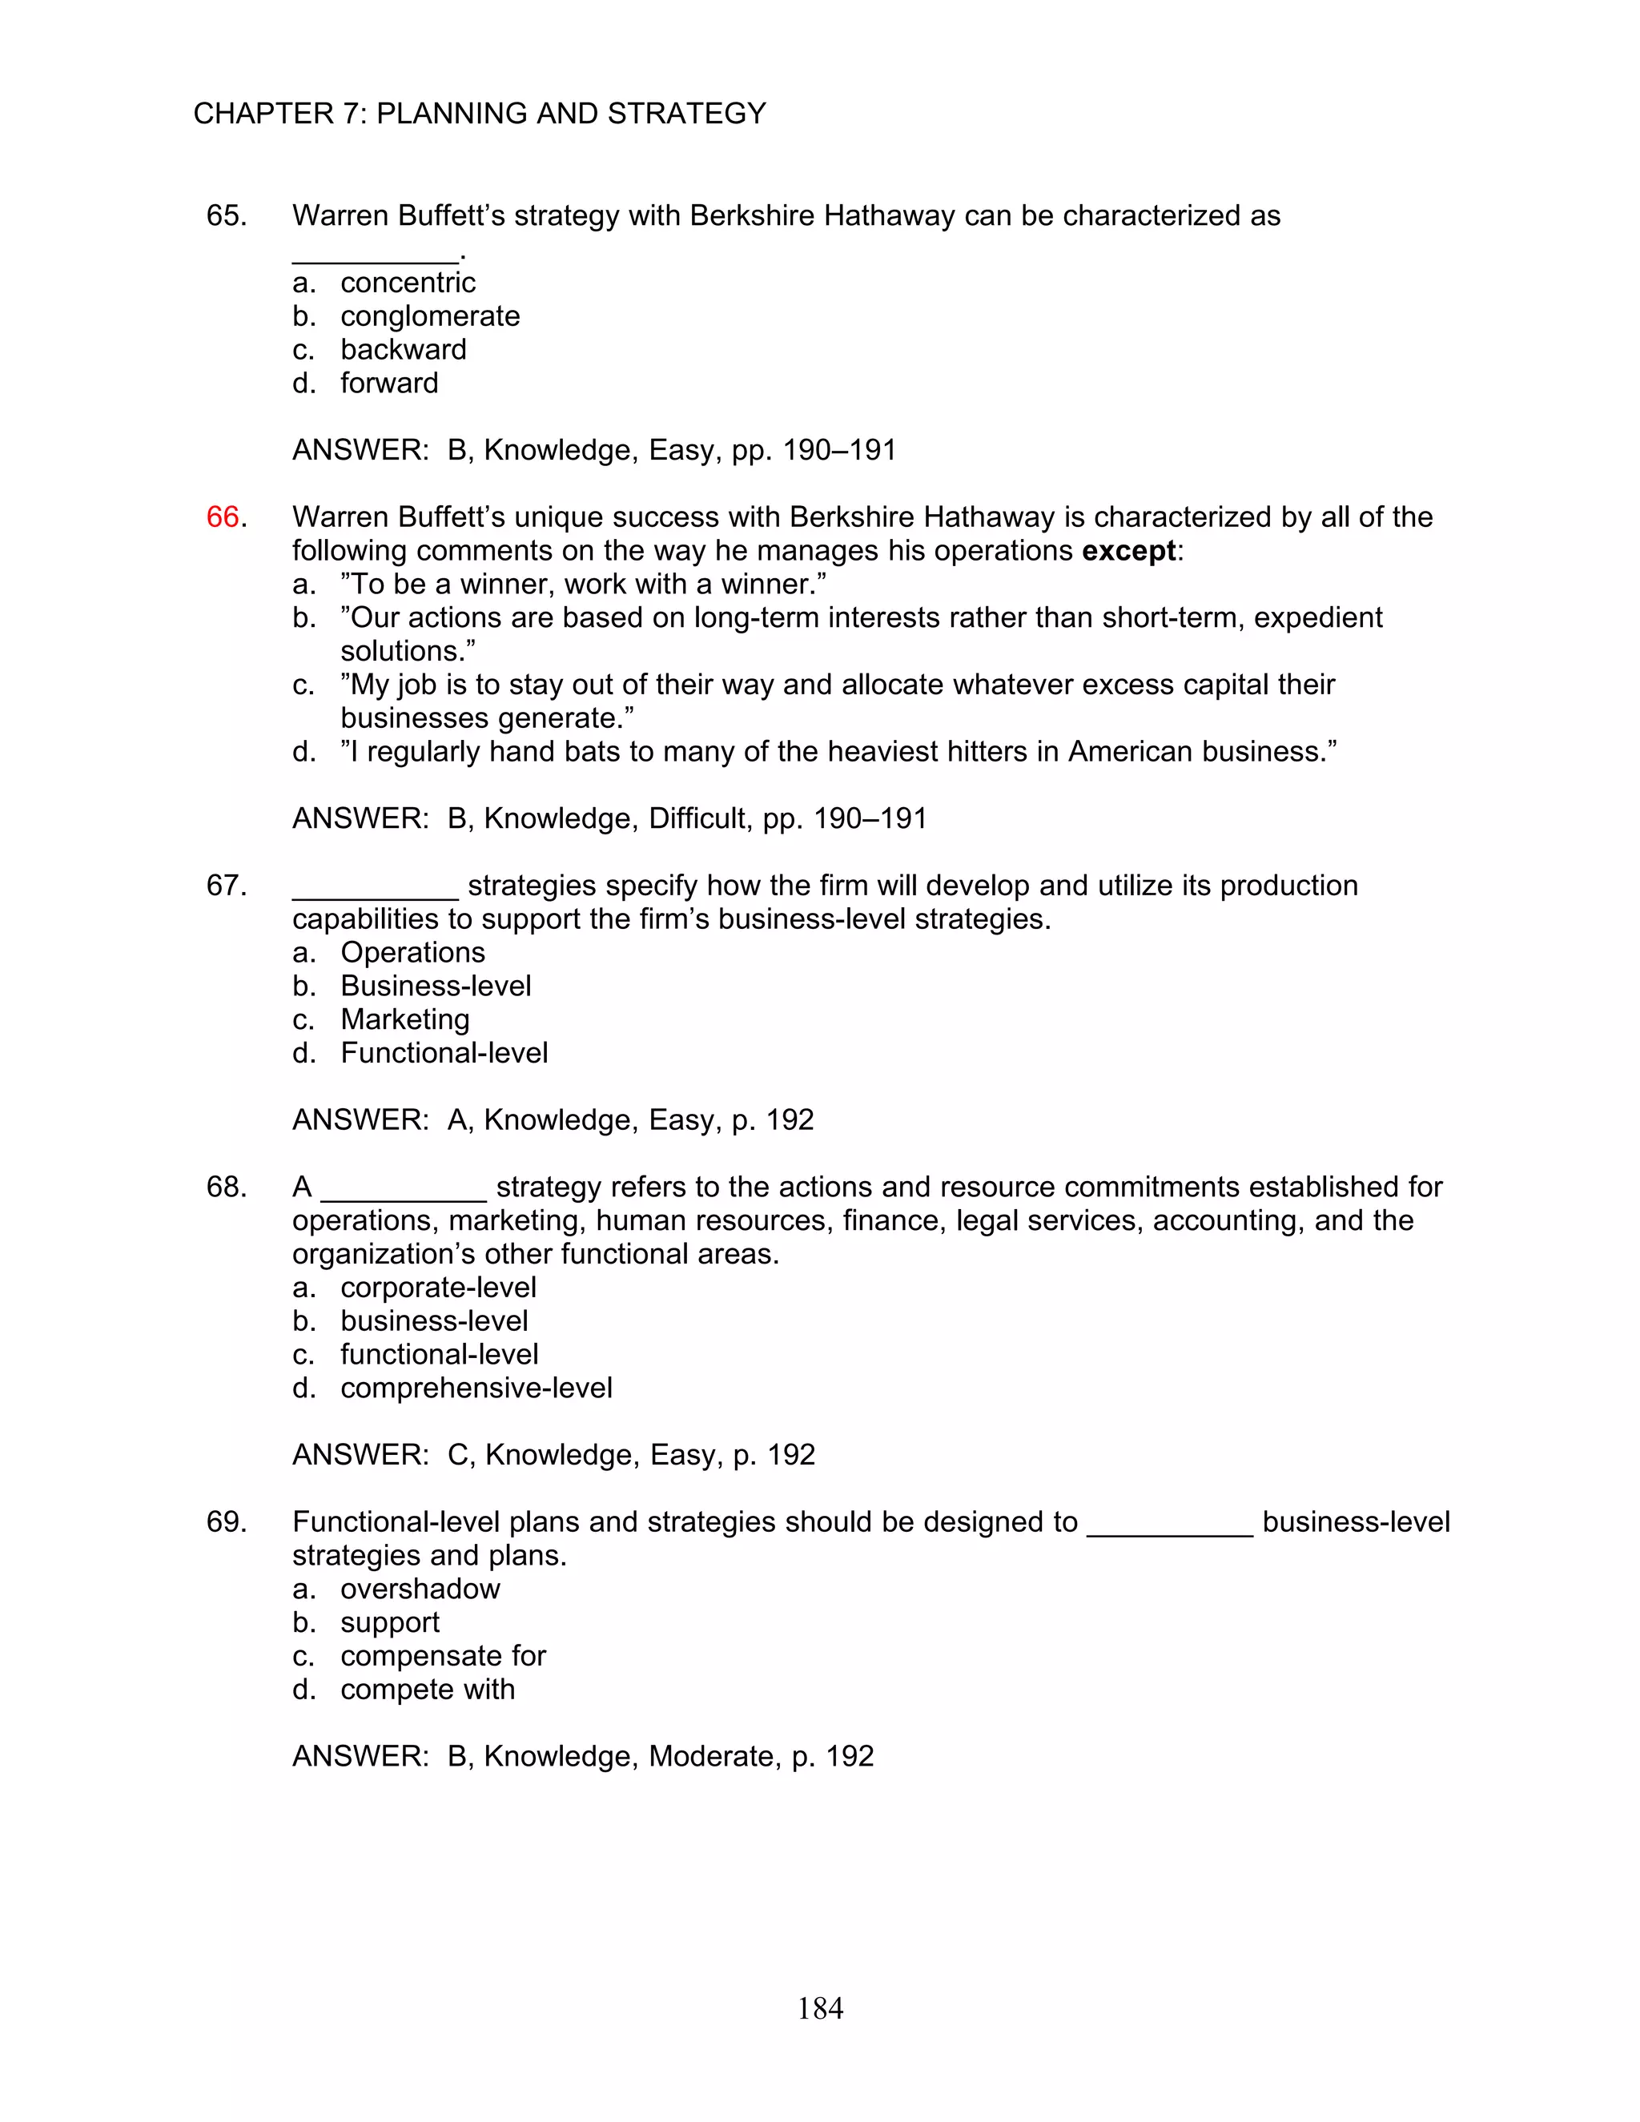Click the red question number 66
click(x=223, y=517)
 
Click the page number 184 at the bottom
click(x=820, y=2007)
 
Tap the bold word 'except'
click(x=1128, y=551)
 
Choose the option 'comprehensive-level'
click(x=476, y=1388)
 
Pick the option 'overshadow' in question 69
click(x=420, y=1589)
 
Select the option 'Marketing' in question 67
click(x=404, y=1019)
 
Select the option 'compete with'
click(x=428, y=1690)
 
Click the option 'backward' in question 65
click(x=404, y=350)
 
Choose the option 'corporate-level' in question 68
click(x=438, y=1288)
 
